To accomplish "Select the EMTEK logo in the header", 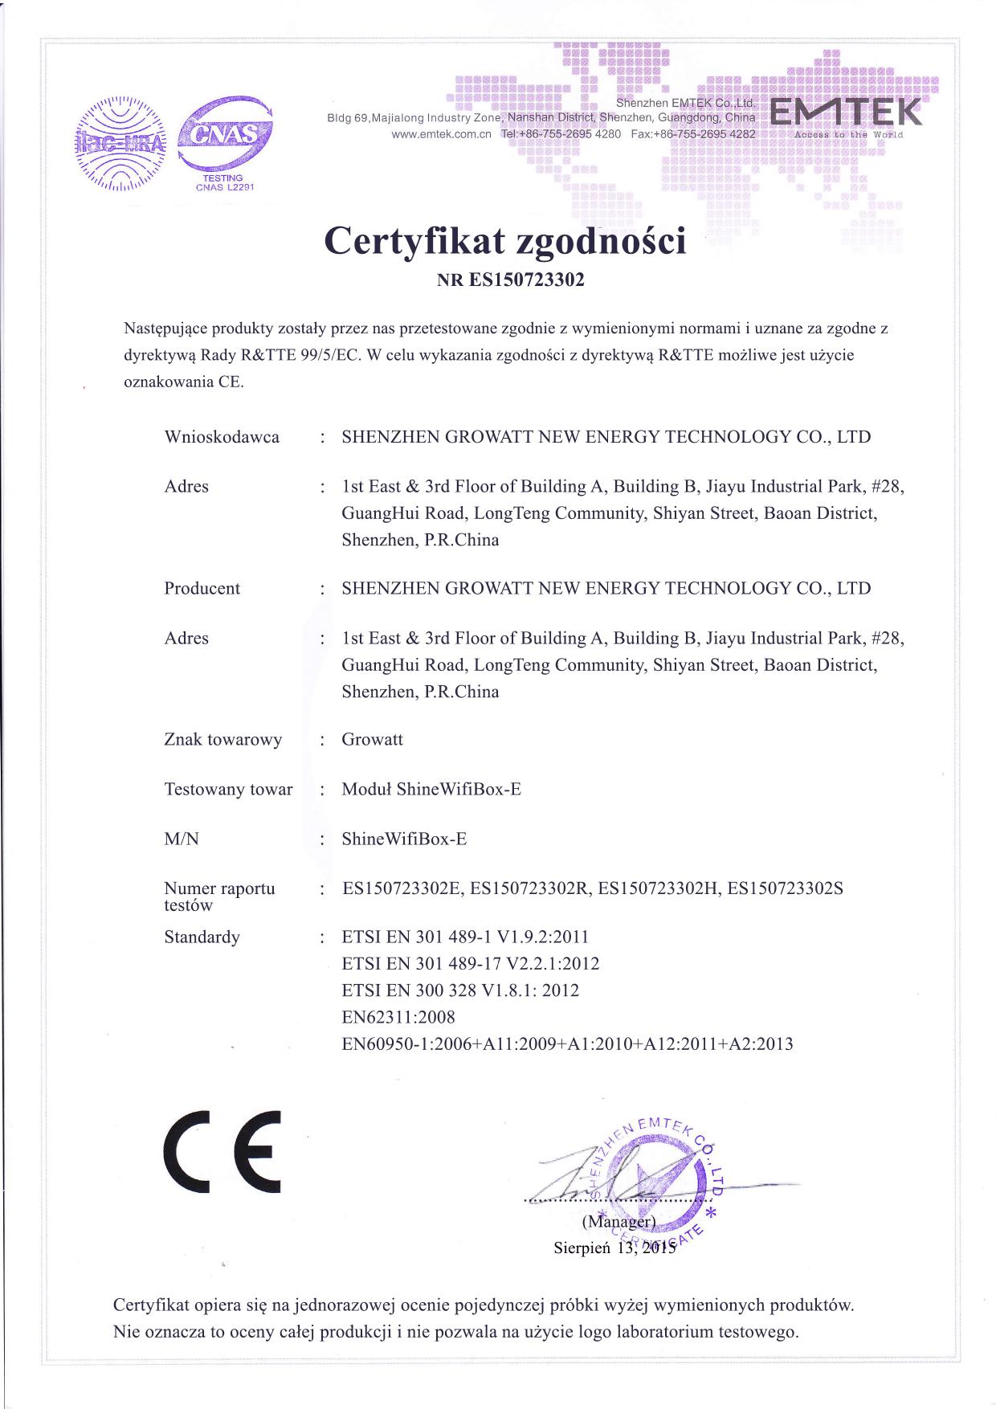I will pyautogui.click(x=846, y=116).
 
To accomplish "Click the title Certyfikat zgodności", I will pyautogui.click(x=505, y=240).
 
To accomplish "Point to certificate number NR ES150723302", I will pyautogui.click(x=510, y=281).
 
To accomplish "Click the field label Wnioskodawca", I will pyautogui.click(x=222, y=437).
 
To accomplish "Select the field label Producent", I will pyautogui.click(x=202, y=588).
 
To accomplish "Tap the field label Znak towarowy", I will pyautogui.click(x=222, y=739).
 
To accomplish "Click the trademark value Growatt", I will pyautogui.click(x=372, y=739).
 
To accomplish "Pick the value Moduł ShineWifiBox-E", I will pyautogui.click(x=431, y=789).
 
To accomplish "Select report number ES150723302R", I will pyautogui.click(x=530, y=888).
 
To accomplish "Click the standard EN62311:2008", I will pyautogui.click(x=398, y=1017).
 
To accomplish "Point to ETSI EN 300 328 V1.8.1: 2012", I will pyautogui.click(x=460, y=990).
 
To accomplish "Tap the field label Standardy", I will pyautogui.click(x=202, y=937).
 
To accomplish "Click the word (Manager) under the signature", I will pyautogui.click(x=618, y=1222).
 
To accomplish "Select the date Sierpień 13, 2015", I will pyautogui.click(x=615, y=1248).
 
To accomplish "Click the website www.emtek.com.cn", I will pyautogui.click(x=441, y=134).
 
